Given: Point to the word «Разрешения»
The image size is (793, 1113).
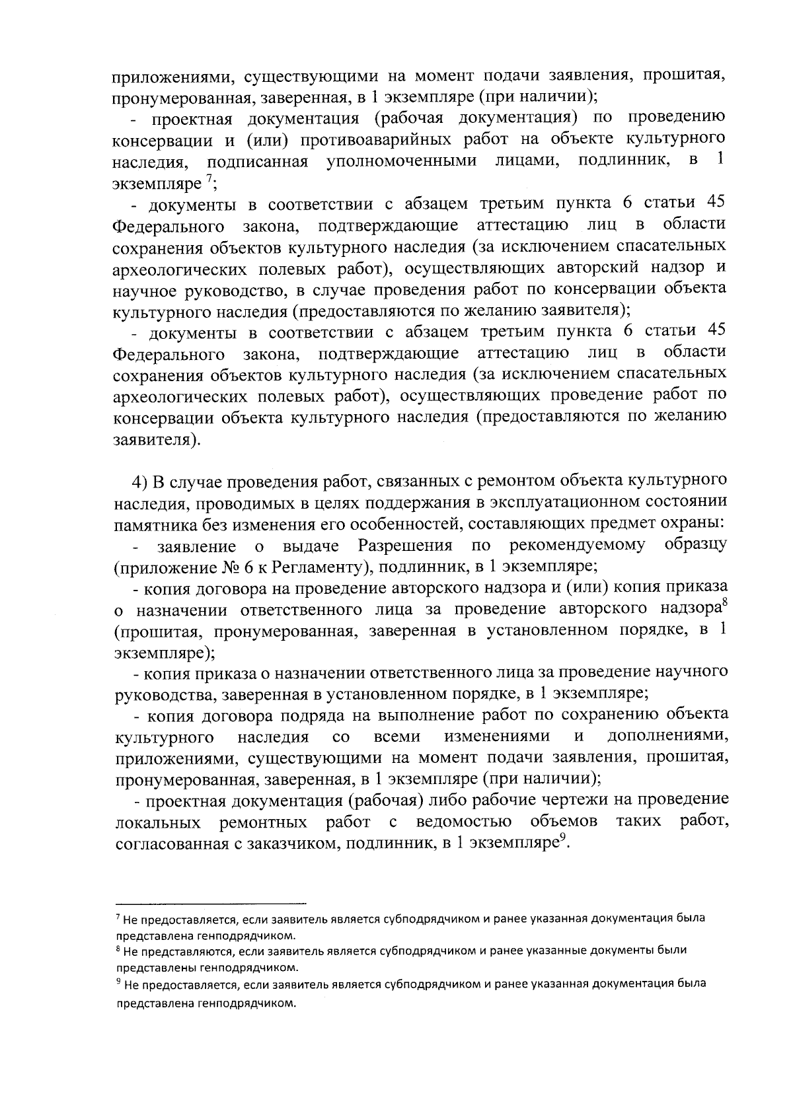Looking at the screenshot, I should tap(405, 546).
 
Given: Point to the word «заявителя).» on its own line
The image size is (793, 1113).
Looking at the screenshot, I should tap(156, 441).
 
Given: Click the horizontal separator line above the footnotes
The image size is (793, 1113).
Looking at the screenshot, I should tap(211, 902).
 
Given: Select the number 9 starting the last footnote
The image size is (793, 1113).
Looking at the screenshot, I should tap(118, 982).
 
